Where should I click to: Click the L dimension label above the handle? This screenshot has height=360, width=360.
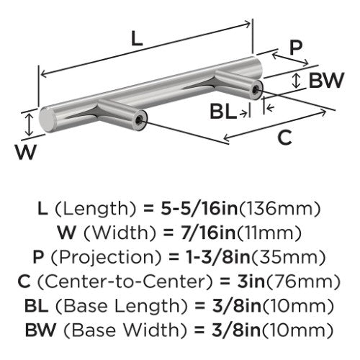point(138,40)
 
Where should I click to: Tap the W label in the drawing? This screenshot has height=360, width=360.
point(26,152)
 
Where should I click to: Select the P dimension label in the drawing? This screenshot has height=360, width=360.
point(296,48)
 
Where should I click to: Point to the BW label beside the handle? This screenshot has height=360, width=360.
point(326,81)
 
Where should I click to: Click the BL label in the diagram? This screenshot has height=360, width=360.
point(222,112)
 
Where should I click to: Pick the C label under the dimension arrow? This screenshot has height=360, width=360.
point(285,138)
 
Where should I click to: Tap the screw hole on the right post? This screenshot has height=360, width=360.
point(255,89)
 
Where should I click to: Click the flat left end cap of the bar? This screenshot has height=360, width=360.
point(46,120)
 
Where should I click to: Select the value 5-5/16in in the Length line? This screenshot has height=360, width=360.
point(199,209)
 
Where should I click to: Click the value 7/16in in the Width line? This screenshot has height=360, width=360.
point(208,233)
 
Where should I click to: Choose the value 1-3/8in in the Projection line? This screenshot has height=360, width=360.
point(218,258)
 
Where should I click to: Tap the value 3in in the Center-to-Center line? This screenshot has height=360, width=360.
point(251,282)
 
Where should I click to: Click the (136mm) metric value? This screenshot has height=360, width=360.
point(280,209)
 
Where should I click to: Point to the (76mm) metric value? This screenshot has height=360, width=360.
point(303,282)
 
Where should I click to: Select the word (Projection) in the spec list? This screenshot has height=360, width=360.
point(106,258)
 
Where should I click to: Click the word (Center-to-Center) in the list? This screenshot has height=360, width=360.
point(125,282)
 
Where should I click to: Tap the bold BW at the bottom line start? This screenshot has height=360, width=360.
point(40,330)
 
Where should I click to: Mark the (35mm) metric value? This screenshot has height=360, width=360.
point(289,258)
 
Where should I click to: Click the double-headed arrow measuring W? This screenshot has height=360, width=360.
point(29,125)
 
